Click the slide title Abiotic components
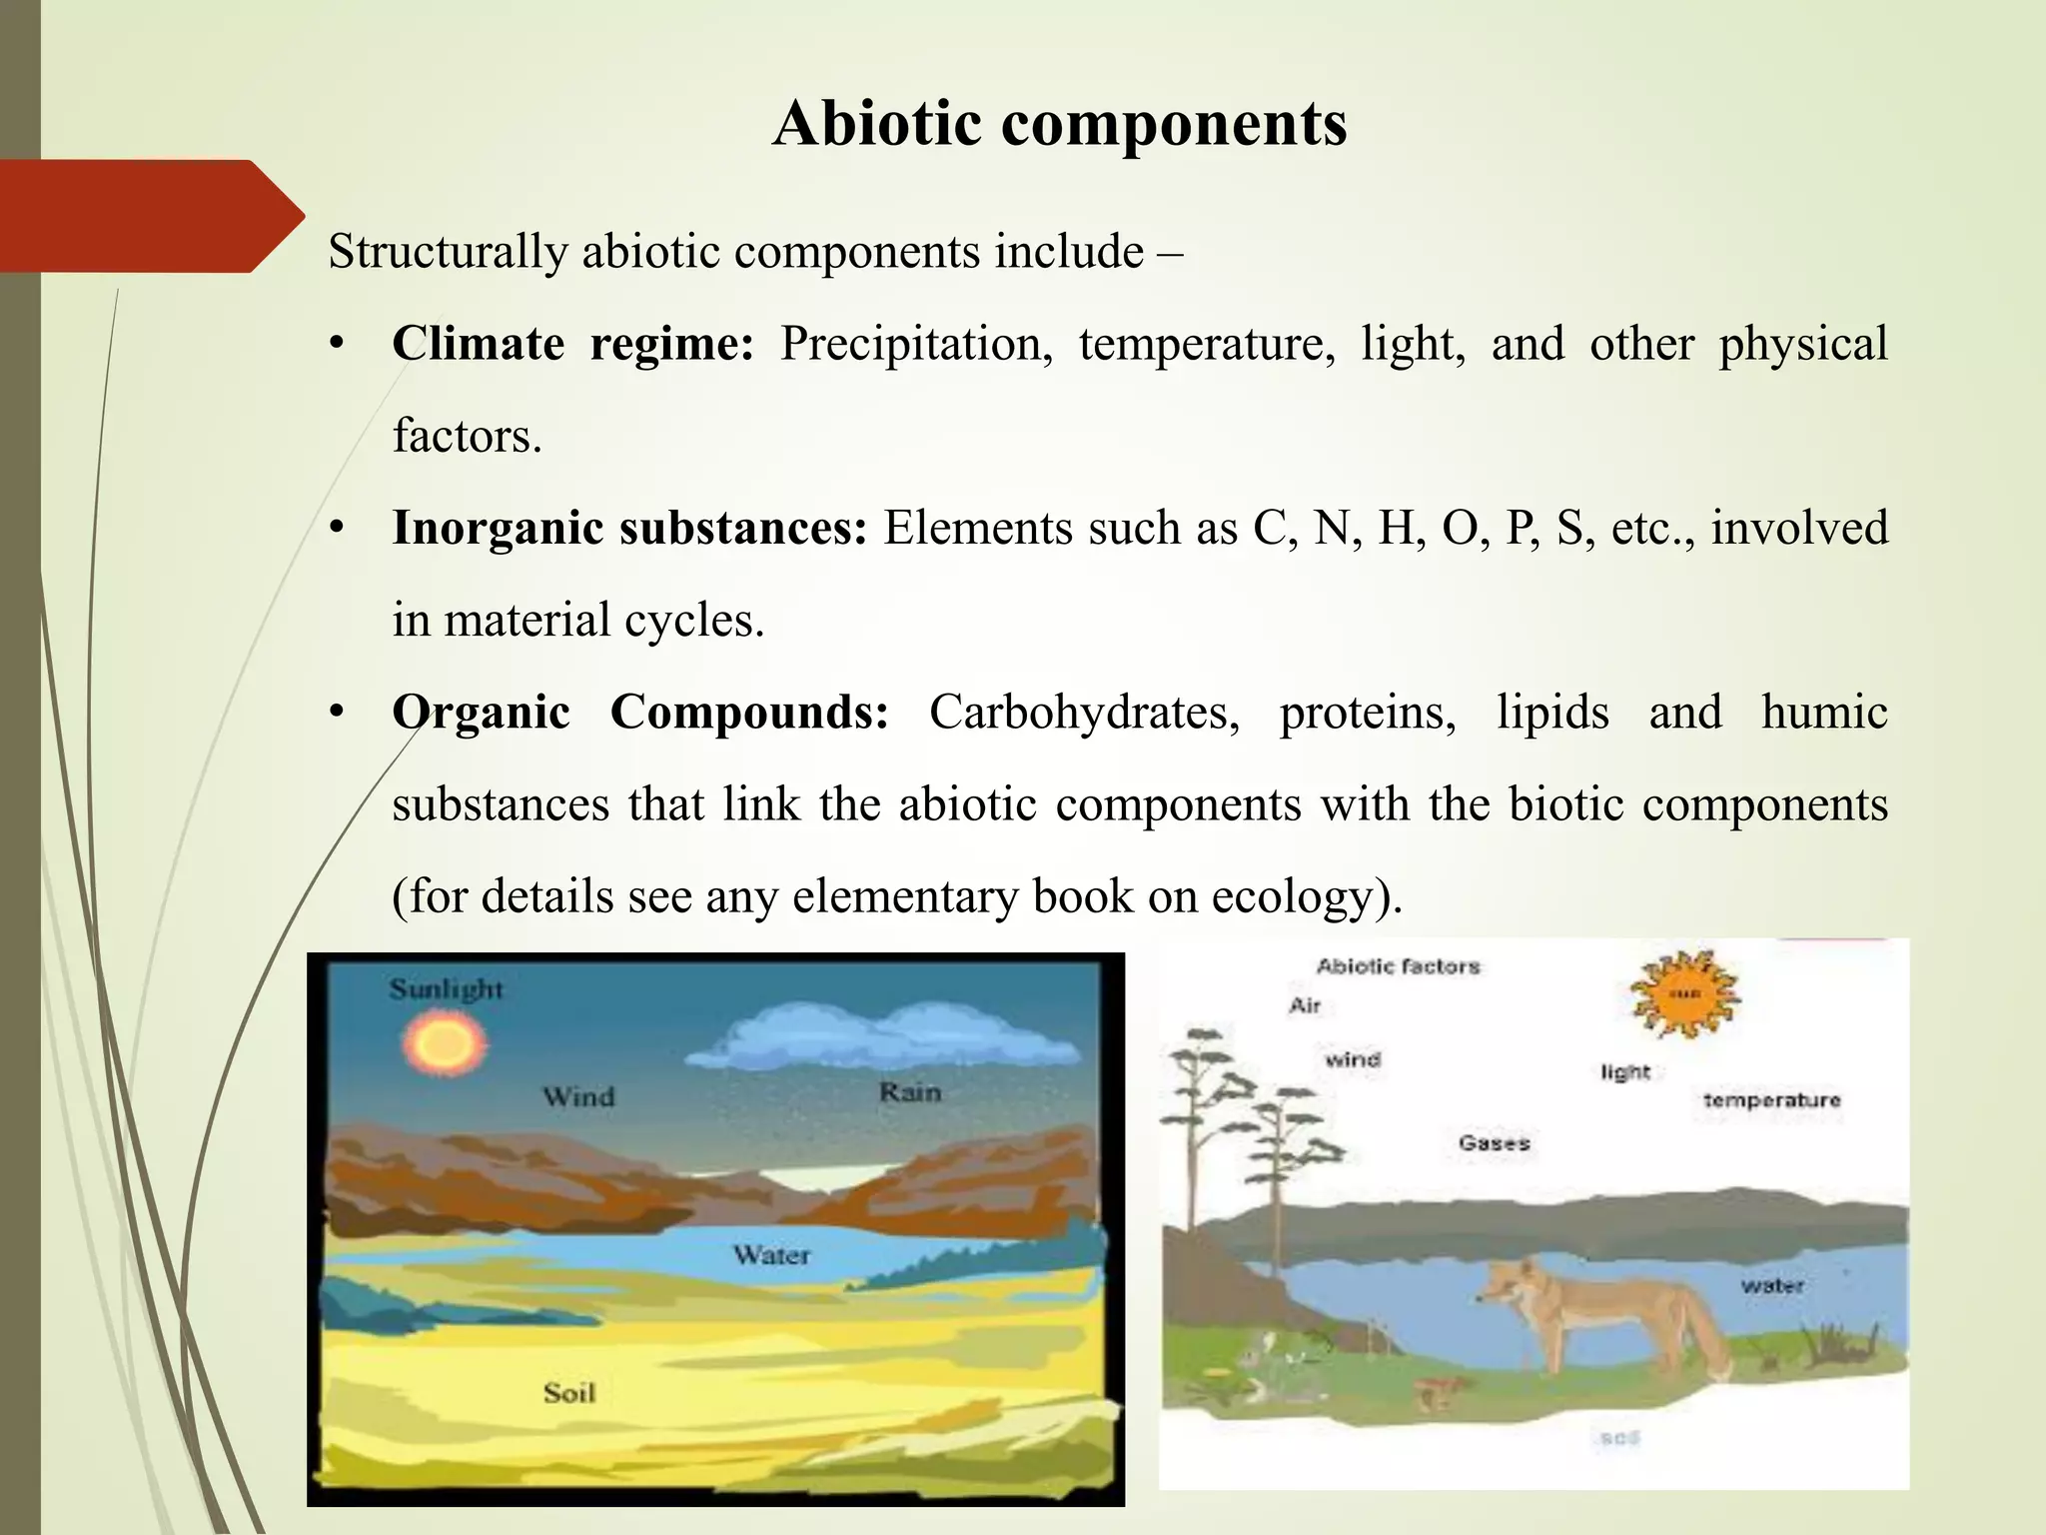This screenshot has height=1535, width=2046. coord(1059,124)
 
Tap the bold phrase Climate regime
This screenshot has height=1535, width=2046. coord(571,344)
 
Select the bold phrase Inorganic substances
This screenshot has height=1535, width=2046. coord(629,528)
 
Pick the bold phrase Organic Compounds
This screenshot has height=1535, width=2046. coord(639,713)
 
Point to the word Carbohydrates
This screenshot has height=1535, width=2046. coord(1084,713)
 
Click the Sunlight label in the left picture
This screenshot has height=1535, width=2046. coord(446,989)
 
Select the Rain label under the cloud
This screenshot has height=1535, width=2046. coord(910,1092)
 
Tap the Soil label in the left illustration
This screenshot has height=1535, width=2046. coord(568,1392)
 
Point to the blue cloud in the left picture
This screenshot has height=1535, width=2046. coord(879,1039)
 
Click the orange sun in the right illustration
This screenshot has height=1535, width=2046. coord(1684,995)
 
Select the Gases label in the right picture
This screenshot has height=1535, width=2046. coord(1494,1142)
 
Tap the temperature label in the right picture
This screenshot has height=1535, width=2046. coord(1771,1100)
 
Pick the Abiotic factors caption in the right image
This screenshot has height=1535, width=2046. coord(1398,966)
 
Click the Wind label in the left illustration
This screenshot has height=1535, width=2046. coord(578,1097)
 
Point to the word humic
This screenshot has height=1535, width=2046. coord(1824,713)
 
